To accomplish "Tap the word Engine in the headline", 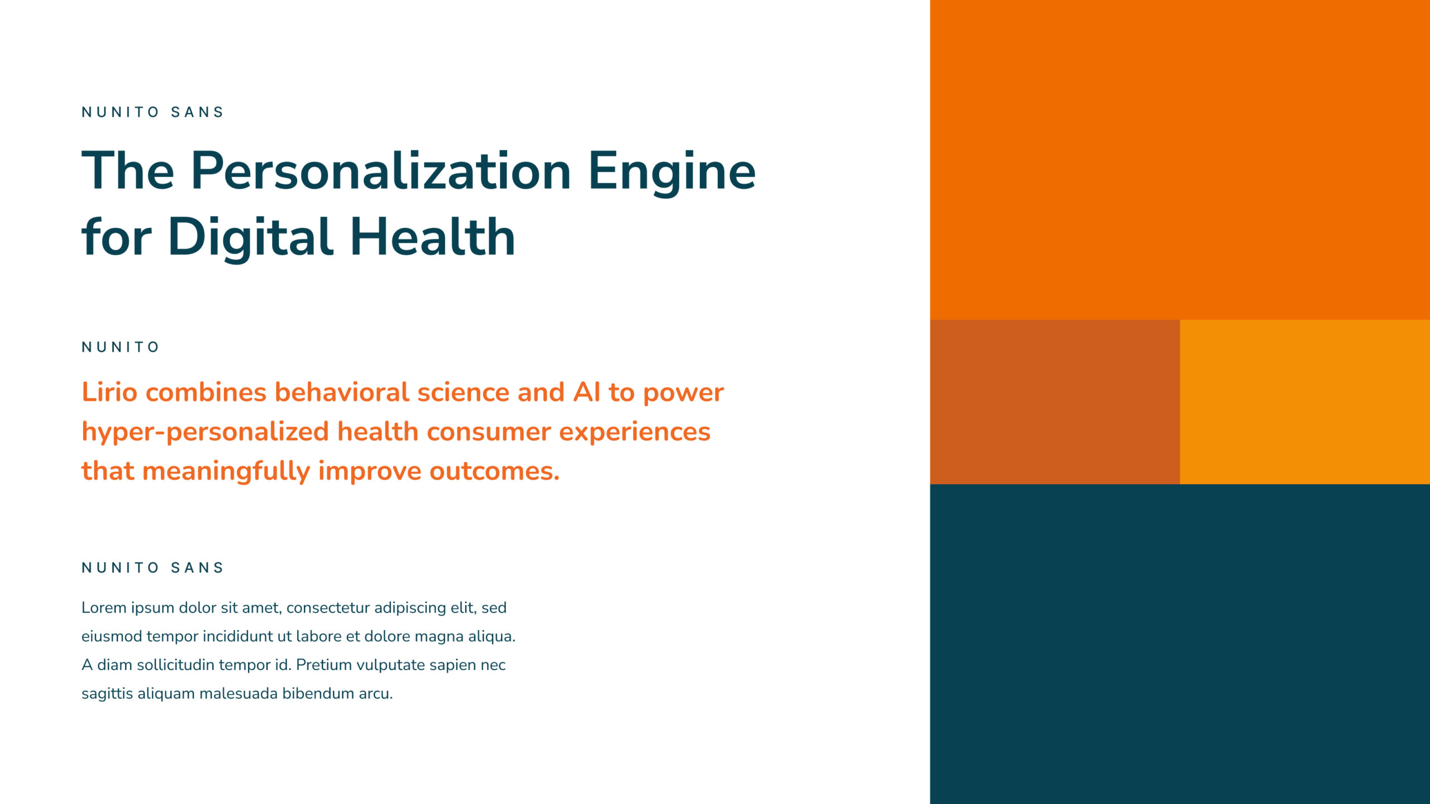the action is coord(672,172).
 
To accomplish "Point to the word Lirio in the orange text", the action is coord(109,392).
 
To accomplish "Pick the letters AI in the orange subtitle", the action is coord(587,392).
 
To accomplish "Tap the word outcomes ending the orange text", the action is coord(494,471).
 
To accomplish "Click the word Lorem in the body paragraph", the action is coord(104,607).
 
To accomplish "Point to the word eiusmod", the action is coord(112,636).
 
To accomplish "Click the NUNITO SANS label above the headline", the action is coord(152,112).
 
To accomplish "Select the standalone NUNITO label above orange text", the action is coord(120,347).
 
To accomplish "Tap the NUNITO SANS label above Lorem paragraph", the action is coord(152,568).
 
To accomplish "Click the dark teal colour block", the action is coord(1180,644).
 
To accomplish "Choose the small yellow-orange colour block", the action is coord(1305,402).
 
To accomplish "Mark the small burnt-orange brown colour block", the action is coord(1055,402).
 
